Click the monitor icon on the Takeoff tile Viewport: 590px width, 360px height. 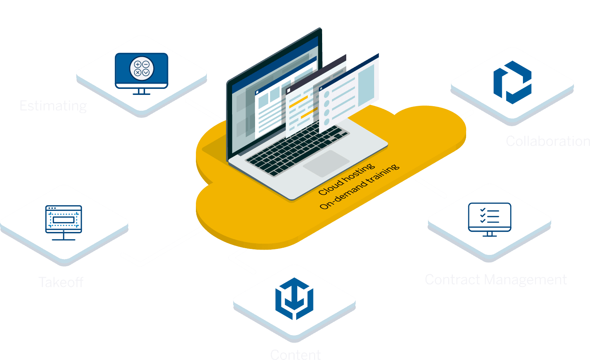click(64, 223)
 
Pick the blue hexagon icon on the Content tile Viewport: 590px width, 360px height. click(294, 299)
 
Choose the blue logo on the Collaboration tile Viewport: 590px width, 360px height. click(512, 82)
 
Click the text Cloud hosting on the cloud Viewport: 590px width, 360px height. click(346, 179)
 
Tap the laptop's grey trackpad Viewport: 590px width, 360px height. click(326, 163)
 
